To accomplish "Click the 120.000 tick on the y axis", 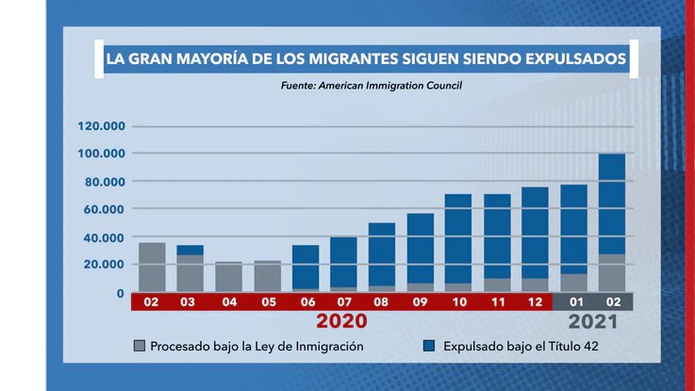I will (102, 126).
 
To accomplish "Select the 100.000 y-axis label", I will (102, 154).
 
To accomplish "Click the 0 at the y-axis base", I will (120, 293).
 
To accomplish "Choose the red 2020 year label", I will (341, 321).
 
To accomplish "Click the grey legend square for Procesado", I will (140, 346).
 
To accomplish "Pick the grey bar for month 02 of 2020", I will (152, 268).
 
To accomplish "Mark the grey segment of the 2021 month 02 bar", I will (612, 272).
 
